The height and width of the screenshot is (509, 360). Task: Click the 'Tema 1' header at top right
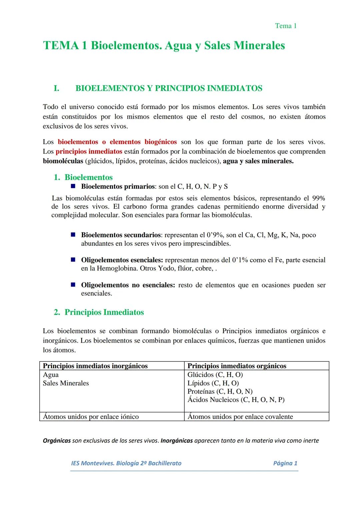(x=286, y=26)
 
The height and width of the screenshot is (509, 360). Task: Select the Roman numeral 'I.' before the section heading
(x=56, y=88)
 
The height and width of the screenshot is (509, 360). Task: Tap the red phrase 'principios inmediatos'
(x=89, y=151)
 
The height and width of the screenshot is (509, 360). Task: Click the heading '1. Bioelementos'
(x=83, y=177)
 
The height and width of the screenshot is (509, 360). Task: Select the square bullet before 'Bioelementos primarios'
(x=73, y=186)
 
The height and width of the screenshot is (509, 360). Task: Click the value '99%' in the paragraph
(x=318, y=198)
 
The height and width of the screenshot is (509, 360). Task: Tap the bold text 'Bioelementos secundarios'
(x=121, y=235)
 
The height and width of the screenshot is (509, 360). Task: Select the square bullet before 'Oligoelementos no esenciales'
(x=73, y=285)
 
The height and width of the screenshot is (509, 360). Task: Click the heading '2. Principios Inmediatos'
(x=99, y=312)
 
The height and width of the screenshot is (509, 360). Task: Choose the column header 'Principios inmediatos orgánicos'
(x=237, y=366)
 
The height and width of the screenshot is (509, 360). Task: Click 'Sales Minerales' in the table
(x=66, y=383)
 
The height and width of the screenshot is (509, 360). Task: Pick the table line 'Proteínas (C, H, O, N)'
(x=220, y=391)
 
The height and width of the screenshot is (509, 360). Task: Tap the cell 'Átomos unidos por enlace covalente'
(x=240, y=417)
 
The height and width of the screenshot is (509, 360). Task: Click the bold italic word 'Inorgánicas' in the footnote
(x=177, y=441)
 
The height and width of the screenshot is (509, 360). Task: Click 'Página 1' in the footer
(x=285, y=463)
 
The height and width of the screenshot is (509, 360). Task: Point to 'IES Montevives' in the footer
(x=92, y=463)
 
